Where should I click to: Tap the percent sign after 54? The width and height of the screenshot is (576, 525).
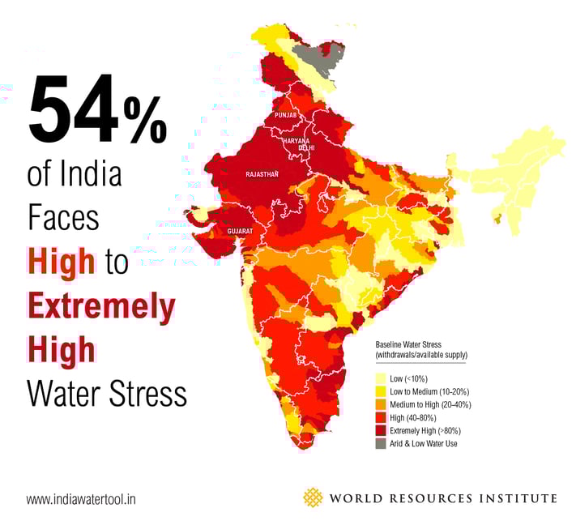click(x=146, y=117)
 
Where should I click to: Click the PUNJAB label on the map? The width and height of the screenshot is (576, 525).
click(x=287, y=116)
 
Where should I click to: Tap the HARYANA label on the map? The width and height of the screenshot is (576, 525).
click(x=297, y=141)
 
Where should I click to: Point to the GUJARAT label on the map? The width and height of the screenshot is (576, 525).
click(x=240, y=232)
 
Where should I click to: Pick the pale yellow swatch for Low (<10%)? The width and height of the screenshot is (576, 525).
click(x=381, y=378)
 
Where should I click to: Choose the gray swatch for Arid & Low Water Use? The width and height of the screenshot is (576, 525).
click(x=381, y=443)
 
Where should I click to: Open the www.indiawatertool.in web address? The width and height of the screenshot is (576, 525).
click(x=81, y=499)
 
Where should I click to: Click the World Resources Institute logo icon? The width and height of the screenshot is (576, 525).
click(x=313, y=497)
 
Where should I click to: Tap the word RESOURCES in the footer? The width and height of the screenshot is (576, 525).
click(x=439, y=498)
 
